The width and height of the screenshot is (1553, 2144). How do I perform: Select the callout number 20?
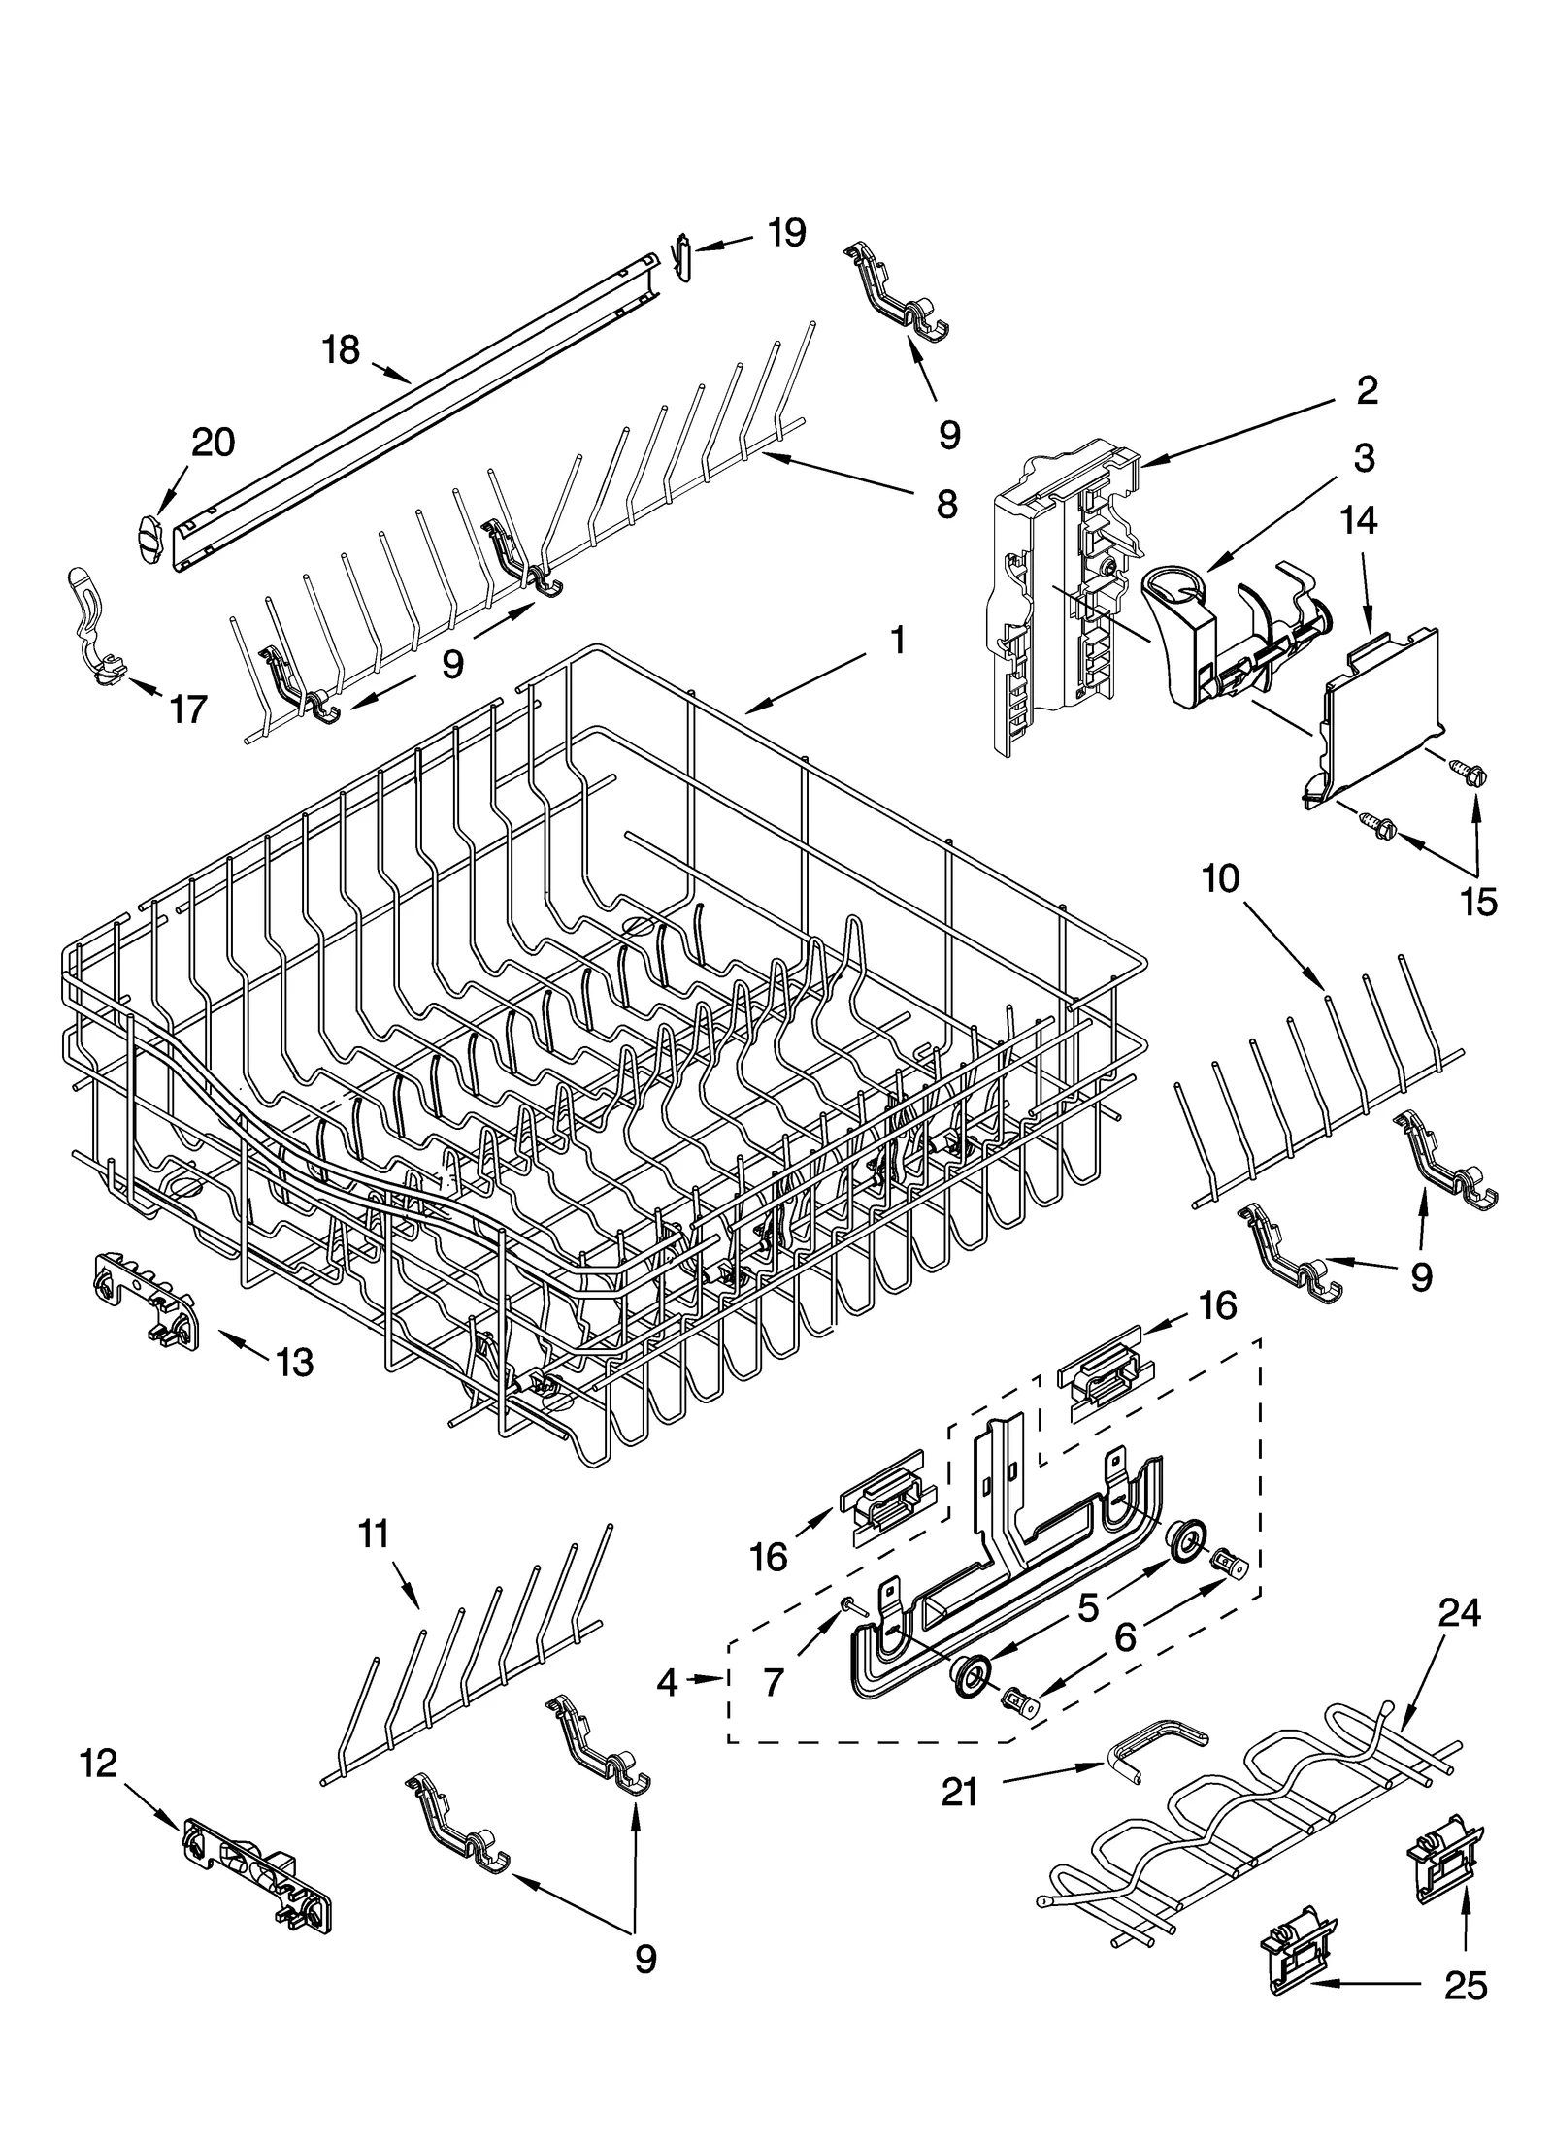tap(213, 443)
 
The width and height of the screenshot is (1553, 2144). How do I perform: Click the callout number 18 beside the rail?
tap(341, 349)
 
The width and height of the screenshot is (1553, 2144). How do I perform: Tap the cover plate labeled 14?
tap(1376, 713)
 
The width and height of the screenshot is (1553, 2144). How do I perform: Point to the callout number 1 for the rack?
tap(898, 640)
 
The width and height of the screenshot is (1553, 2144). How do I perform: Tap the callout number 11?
tap(374, 1534)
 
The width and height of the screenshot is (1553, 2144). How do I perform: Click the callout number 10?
tap(1220, 878)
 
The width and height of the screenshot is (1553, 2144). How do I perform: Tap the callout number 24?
tap(1459, 1612)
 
